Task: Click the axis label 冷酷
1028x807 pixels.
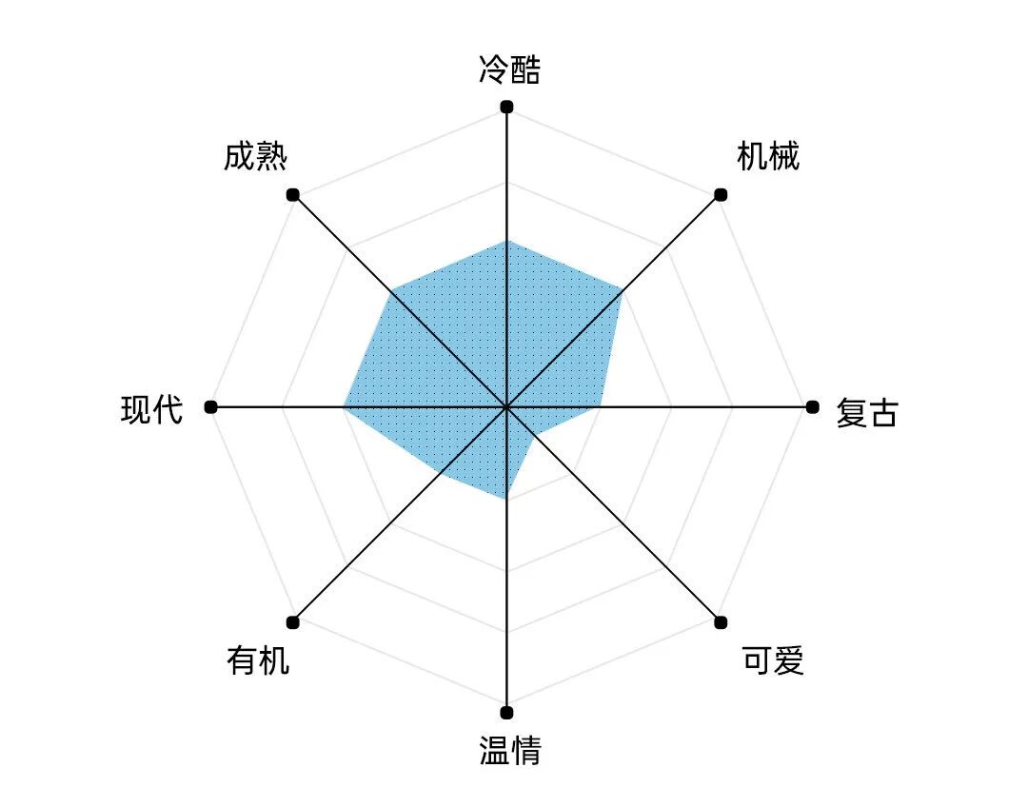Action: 509,70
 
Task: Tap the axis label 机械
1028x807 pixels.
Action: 768,156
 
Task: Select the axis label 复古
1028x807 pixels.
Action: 866,413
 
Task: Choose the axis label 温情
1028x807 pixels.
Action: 510,750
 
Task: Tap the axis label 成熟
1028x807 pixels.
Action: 255,156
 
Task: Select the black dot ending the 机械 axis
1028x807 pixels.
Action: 721,194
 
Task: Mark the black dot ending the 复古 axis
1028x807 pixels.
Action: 812,407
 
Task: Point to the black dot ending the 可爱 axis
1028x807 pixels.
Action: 721,622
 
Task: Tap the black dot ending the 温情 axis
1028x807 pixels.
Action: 506,712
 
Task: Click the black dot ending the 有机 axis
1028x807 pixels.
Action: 293,622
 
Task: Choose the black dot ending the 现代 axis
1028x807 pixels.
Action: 210,407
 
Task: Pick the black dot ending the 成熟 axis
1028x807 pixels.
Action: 293,194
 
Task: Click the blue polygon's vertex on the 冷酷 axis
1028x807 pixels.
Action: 506,241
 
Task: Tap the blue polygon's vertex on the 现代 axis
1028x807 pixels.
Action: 344,407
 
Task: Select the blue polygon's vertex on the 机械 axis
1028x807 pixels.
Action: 622,289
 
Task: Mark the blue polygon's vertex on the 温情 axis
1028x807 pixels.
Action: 506,499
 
